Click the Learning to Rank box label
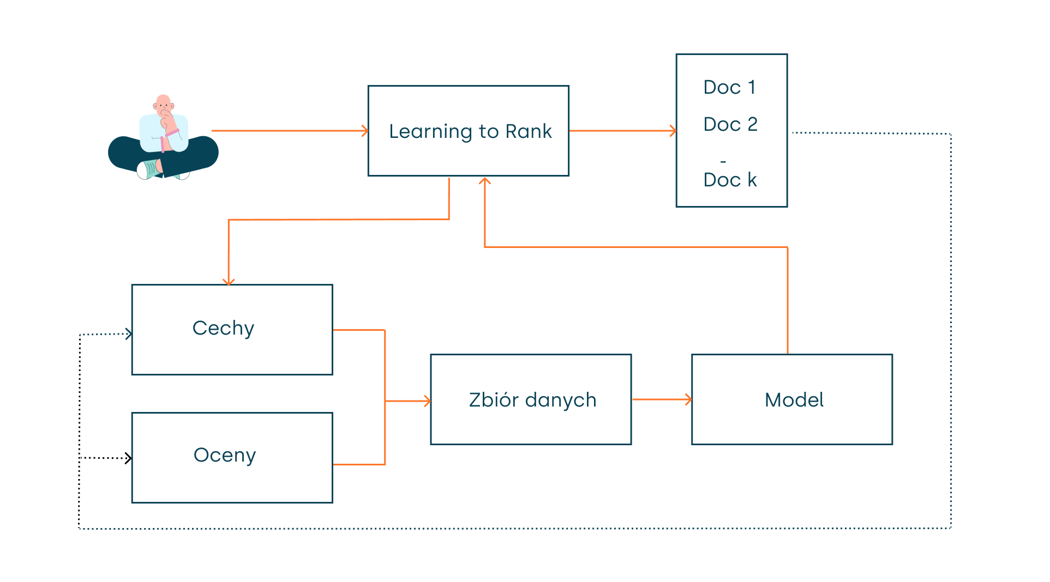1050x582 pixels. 470,131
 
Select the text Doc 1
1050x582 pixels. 729,87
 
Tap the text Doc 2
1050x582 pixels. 730,124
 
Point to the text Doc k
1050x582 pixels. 730,180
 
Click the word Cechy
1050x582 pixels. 223,328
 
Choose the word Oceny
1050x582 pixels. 224,455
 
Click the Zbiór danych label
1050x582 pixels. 532,400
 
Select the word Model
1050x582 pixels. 794,400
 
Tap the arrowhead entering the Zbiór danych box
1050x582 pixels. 428,402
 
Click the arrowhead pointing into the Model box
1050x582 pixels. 689,400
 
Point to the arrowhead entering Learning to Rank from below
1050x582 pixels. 485,180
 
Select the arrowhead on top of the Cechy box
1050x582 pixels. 229,282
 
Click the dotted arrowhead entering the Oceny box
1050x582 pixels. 129,458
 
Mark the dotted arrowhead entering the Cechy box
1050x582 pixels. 129,334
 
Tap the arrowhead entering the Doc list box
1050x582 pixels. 674,131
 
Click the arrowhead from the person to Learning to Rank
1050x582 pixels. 365,131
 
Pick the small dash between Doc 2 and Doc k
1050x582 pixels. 723,162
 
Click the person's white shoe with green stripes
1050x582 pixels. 148,169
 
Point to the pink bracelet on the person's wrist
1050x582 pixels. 172,132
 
